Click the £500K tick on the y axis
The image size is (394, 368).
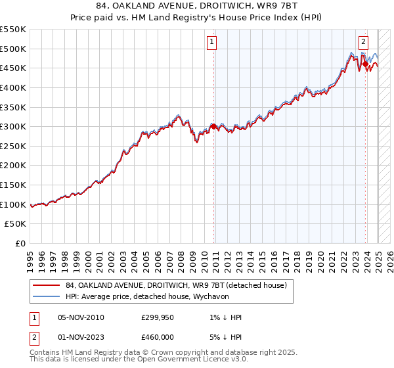pyautogui.click(x=13, y=49)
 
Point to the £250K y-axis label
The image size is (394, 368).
pyautogui.click(x=13, y=166)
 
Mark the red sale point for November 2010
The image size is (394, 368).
pyautogui.click(x=213, y=126)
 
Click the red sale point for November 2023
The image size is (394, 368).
pyautogui.click(x=364, y=64)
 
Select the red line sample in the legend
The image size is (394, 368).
pyautogui.click(x=45, y=286)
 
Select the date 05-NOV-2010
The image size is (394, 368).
pyautogui.click(x=81, y=317)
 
